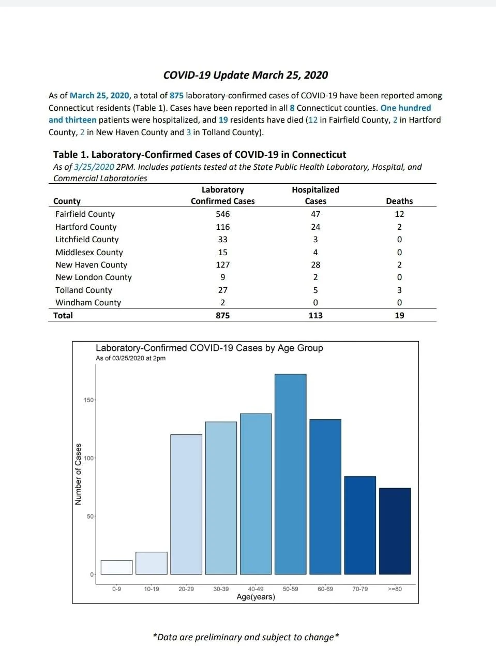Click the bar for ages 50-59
pyautogui.click(x=290, y=474)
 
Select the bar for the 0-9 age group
pyautogui.click(x=116, y=567)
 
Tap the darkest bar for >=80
pyautogui.click(x=395, y=531)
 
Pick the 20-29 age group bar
pyautogui.click(x=186, y=504)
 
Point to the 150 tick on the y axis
pyautogui.click(x=88, y=400)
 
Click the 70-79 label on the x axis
pyautogui.click(x=360, y=589)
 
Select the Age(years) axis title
pyautogui.click(x=255, y=597)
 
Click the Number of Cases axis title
pyautogui.click(x=78, y=474)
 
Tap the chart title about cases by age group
pyautogui.click(x=209, y=348)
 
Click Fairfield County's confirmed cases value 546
pyautogui.click(x=223, y=214)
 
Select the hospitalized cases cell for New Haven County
pyautogui.click(x=315, y=265)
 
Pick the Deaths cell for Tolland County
pyautogui.click(x=399, y=290)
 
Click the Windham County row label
pyautogui.click(x=88, y=302)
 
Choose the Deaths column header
pyautogui.click(x=399, y=201)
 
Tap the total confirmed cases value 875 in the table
pyautogui.click(x=223, y=315)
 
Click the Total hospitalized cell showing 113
pyautogui.click(x=315, y=315)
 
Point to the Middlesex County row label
pyautogui.click(x=89, y=252)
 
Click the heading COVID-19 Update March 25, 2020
pyautogui.click(x=246, y=75)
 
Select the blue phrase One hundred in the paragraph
pyautogui.click(x=405, y=108)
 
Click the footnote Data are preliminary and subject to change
pyautogui.click(x=246, y=637)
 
